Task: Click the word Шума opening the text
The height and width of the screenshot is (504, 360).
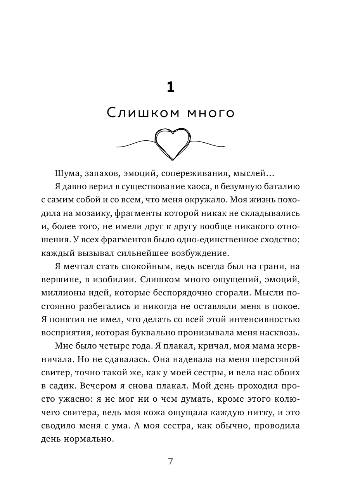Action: click(67, 173)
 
